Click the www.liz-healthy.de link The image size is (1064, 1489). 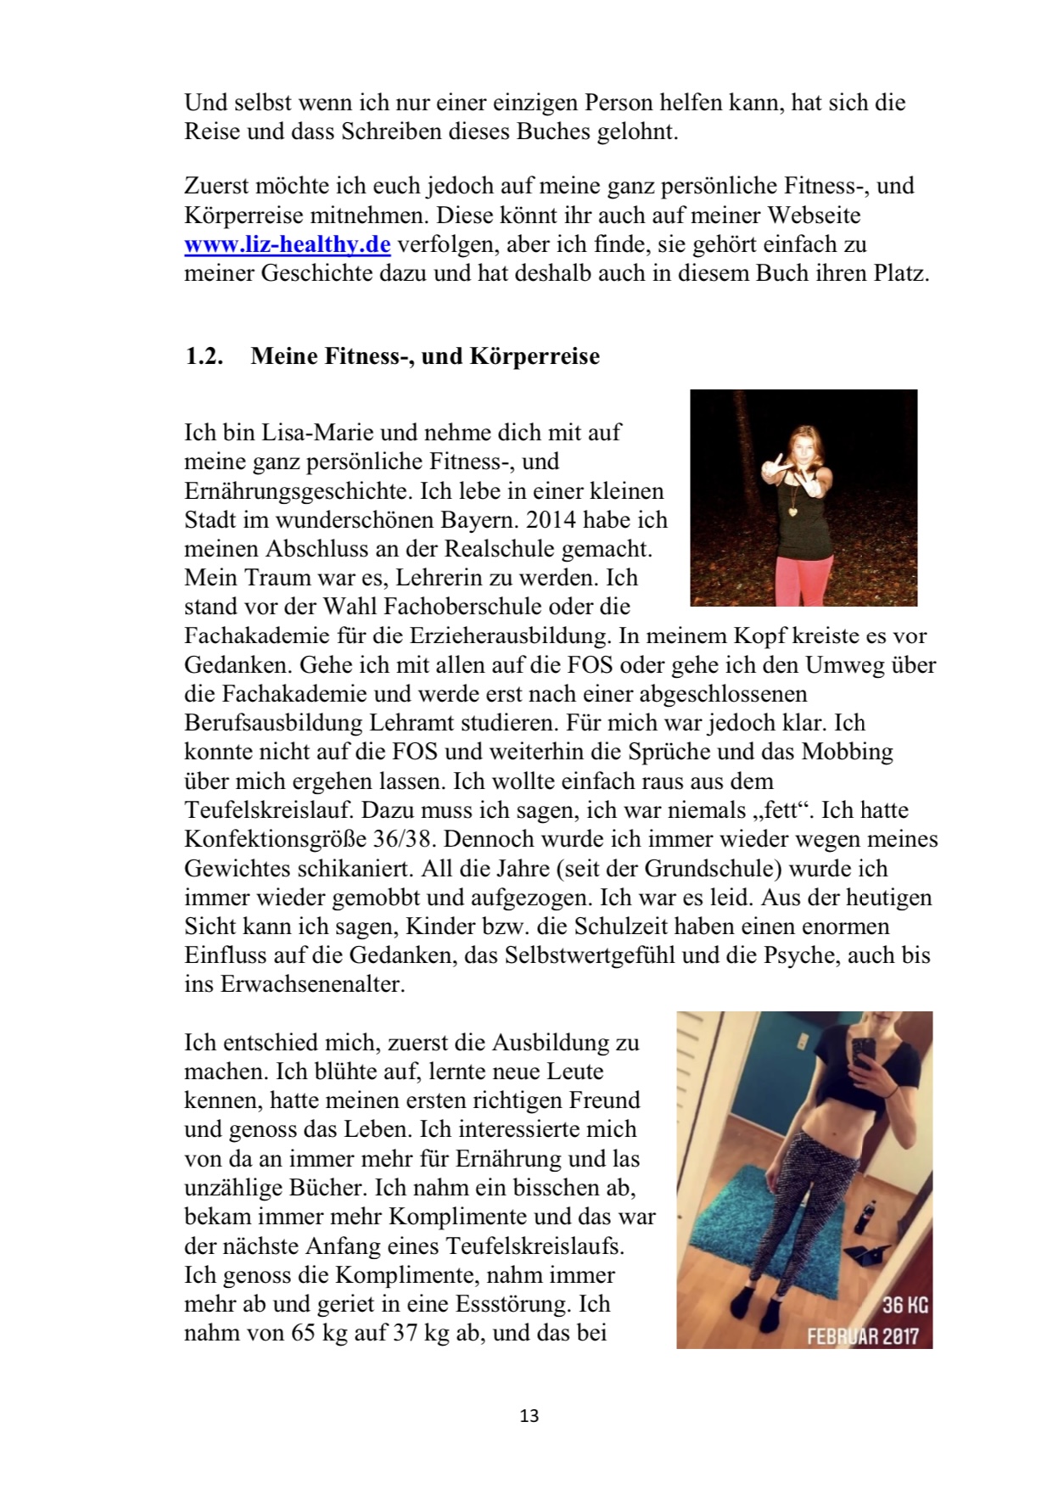[x=287, y=245]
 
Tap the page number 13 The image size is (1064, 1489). [x=529, y=1416]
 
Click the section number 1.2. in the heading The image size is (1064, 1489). [x=204, y=356]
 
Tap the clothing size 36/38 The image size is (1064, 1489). [x=405, y=839]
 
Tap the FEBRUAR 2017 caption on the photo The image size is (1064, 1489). [x=863, y=1336]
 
